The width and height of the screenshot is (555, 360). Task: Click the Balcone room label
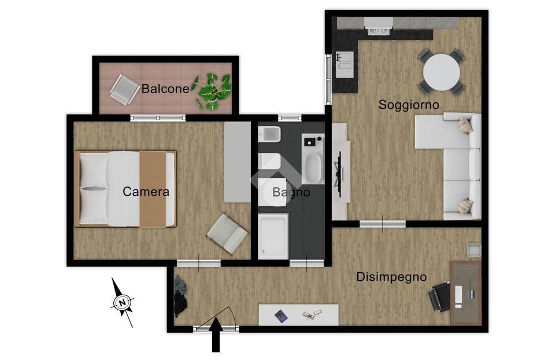click(165, 88)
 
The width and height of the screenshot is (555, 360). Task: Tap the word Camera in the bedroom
click(146, 192)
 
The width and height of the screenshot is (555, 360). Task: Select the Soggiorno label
click(409, 105)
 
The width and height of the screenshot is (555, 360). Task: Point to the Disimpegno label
click(391, 277)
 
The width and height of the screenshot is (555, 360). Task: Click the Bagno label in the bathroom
click(291, 193)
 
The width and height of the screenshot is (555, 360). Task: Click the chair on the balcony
click(124, 90)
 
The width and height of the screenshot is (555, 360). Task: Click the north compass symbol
click(122, 302)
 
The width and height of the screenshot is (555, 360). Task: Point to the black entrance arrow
click(216, 335)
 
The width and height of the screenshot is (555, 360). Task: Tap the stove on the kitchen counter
click(379, 27)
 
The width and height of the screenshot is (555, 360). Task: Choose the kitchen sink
click(345, 64)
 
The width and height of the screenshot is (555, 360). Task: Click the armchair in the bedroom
click(227, 233)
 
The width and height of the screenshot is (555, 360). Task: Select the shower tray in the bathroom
click(273, 236)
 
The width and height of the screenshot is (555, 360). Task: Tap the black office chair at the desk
click(439, 296)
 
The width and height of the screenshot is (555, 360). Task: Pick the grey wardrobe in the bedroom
click(237, 162)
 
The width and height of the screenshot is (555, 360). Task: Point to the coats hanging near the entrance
click(181, 296)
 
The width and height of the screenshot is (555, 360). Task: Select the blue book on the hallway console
click(281, 316)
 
